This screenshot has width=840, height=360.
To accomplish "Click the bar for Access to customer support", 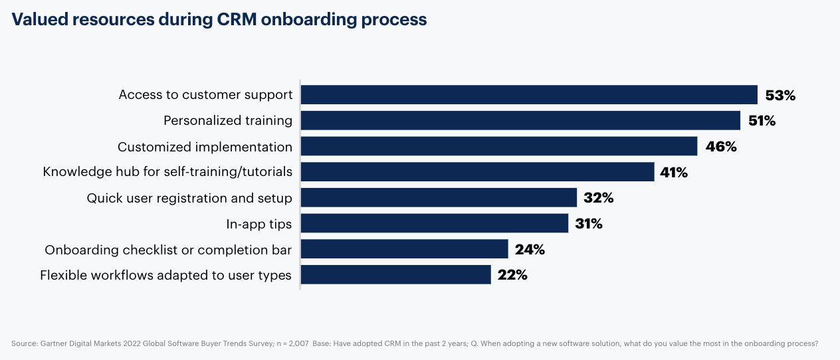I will (529, 95).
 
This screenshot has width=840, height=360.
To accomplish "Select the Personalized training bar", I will (520, 121).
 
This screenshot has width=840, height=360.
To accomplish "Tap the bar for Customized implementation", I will (498, 146).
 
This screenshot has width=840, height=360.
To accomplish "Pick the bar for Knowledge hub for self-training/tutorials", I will (477, 172).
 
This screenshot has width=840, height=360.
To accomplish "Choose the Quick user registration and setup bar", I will (439, 198).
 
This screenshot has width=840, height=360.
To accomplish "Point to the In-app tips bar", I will (435, 223).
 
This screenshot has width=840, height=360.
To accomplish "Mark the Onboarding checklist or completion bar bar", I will (404, 249).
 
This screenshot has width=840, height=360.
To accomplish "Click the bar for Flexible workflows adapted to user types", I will (395, 274).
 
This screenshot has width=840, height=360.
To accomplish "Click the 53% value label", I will (780, 95).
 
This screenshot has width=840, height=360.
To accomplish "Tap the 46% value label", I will (721, 146).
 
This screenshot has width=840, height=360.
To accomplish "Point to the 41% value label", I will (674, 172).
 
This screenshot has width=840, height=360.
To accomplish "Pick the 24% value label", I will (530, 249).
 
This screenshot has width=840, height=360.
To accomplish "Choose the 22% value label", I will (512, 274).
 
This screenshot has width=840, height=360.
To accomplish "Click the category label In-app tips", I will (259, 224).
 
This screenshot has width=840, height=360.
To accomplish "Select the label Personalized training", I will (228, 121).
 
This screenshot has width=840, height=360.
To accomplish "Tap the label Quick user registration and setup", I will (189, 198).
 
